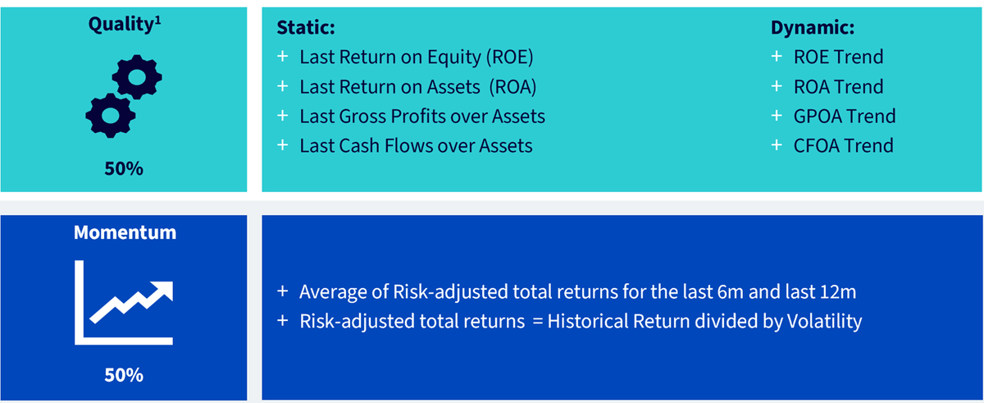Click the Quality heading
coord(125,24)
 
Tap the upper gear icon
coord(137,77)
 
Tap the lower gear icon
coord(110,116)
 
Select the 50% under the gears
coord(124,169)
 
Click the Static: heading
coord(306,27)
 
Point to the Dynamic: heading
coord(813,27)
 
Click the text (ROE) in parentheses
coord(509,57)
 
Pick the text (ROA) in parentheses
coord(512,87)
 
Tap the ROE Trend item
coord(838,57)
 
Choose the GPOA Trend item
coord(845,117)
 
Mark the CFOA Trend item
coord(844,146)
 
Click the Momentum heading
coord(125,232)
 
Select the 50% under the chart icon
coord(124,375)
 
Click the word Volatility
coord(824,321)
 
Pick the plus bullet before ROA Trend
coord(777,86)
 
